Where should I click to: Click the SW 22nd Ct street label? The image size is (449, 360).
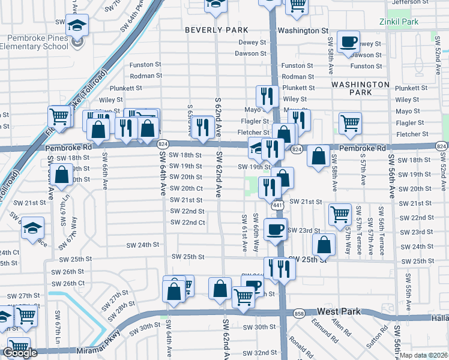[x=188, y=223]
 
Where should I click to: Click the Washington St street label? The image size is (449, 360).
[x=303, y=30]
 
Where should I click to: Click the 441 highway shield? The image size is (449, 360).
[x=277, y=206]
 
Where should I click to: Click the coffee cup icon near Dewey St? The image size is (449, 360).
[x=349, y=41]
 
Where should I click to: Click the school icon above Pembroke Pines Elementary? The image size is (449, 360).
[x=77, y=25]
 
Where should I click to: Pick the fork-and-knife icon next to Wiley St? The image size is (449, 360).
[x=265, y=95]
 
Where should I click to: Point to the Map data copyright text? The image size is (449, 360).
[x=424, y=355]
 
